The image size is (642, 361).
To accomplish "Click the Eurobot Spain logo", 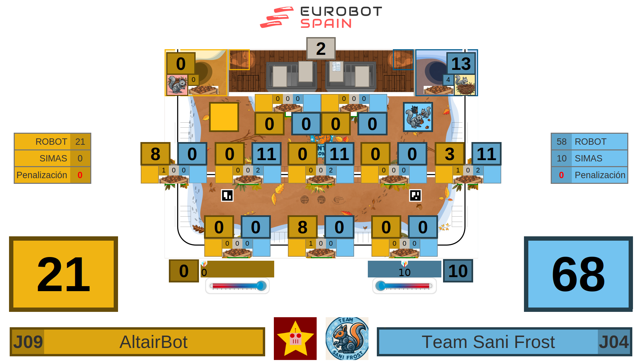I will click(x=321, y=17).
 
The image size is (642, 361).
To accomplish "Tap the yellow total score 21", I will click(x=64, y=274).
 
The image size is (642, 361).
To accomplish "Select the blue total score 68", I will click(x=578, y=274).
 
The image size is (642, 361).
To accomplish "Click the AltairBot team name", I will click(x=153, y=342).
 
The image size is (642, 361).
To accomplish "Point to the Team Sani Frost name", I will click(x=488, y=342).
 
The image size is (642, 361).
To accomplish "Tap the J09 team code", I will click(x=28, y=342).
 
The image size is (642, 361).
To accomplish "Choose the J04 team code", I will click(x=614, y=342).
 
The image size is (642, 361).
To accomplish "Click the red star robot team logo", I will click(x=295, y=338).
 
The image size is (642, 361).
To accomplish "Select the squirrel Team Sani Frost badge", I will click(x=347, y=338).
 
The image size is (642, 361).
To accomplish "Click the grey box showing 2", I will click(x=321, y=49).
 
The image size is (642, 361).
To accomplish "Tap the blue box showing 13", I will click(x=461, y=64).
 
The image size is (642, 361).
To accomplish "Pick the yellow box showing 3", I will click(x=449, y=154).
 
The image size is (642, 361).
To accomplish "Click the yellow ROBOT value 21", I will click(x=80, y=142).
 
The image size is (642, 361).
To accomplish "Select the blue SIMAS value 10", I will click(x=561, y=158).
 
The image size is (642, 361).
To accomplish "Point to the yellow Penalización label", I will click(x=42, y=175).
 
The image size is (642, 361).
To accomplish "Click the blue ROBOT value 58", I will click(x=561, y=142).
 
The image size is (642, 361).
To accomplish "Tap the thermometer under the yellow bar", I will click(x=237, y=286).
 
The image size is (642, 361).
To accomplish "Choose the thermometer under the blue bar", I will click(x=404, y=286).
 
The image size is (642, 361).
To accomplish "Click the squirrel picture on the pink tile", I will click(x=177, y=85).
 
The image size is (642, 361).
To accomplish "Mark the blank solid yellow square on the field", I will click(x=224, y=117).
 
